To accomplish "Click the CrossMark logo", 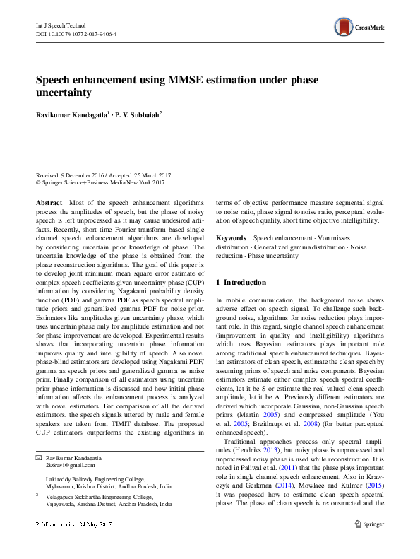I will tap(359, 28).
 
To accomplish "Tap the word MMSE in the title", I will tap(187, 78).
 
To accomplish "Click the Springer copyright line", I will tap(100, 182).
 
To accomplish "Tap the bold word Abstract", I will tap(49, 202).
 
